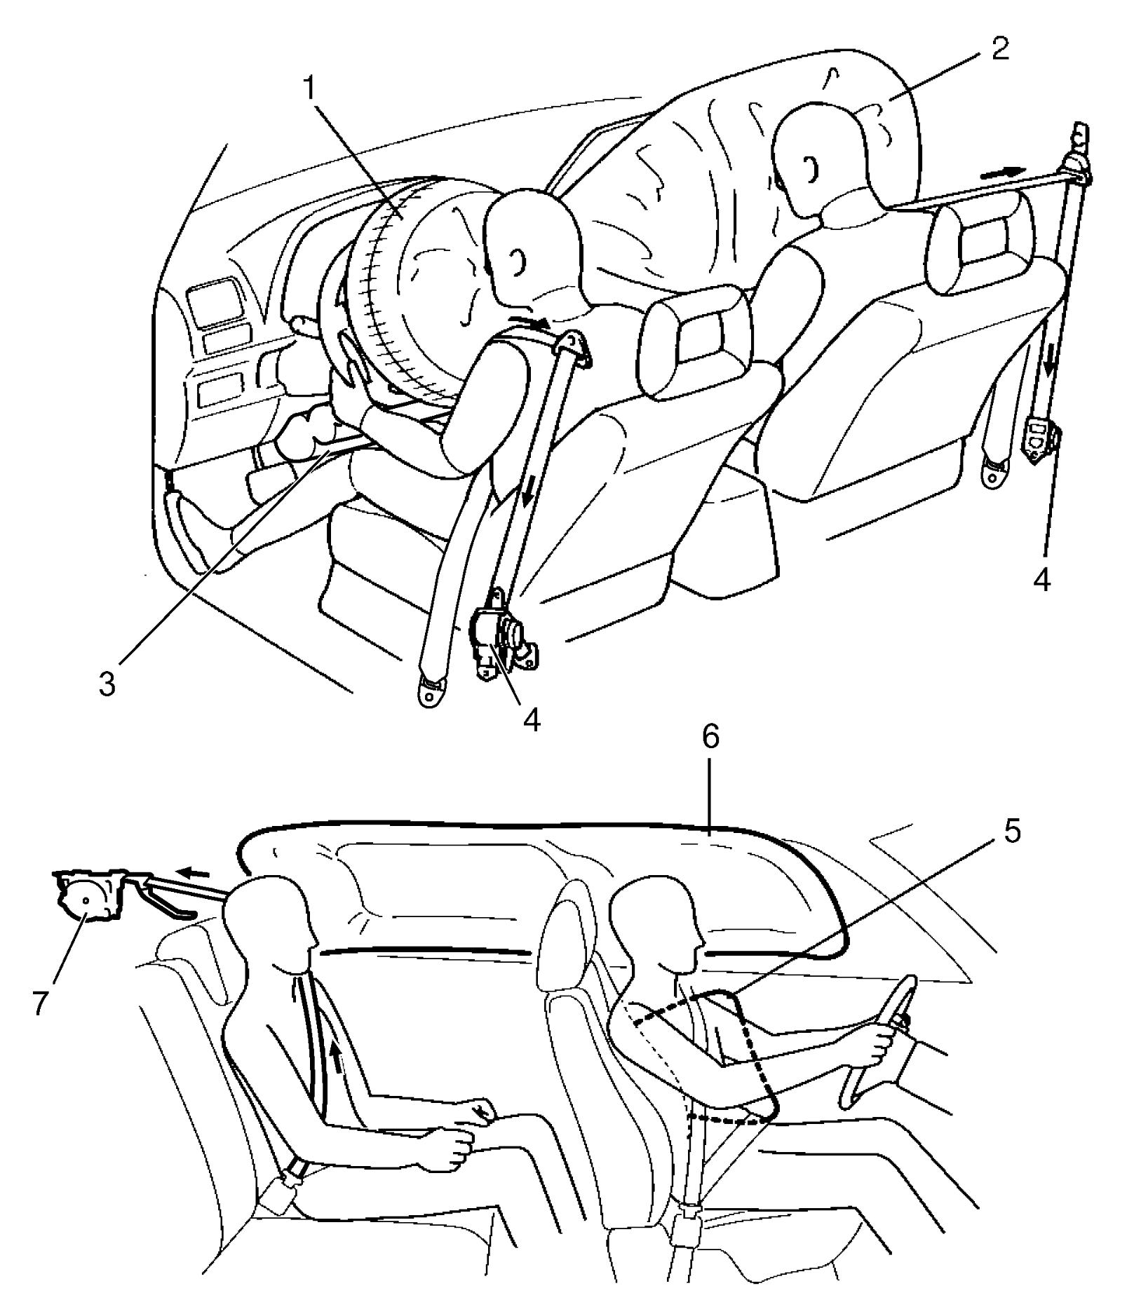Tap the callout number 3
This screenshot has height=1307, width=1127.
point(107,683)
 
